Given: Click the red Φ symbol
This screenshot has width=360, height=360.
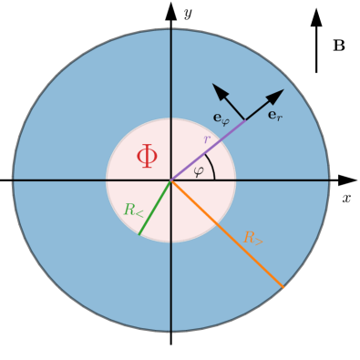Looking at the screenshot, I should tap(147, 158).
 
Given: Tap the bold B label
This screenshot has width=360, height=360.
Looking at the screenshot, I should tap(338, 43).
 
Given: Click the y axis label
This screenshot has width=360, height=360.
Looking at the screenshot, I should tap(186, 12).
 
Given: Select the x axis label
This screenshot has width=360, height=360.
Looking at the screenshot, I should tap(346, 197).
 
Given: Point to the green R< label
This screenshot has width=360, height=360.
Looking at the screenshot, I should tap(134, 210).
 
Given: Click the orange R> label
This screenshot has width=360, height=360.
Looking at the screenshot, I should tap(252, 237).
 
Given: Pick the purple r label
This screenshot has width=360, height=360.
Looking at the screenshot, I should tap(207, 140).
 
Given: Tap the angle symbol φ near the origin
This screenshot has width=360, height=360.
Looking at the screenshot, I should tap(199, 172).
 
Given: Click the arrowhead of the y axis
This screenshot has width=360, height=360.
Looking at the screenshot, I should tap(171, 10).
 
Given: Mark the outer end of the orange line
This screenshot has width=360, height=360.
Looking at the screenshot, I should tap(283, 288).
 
